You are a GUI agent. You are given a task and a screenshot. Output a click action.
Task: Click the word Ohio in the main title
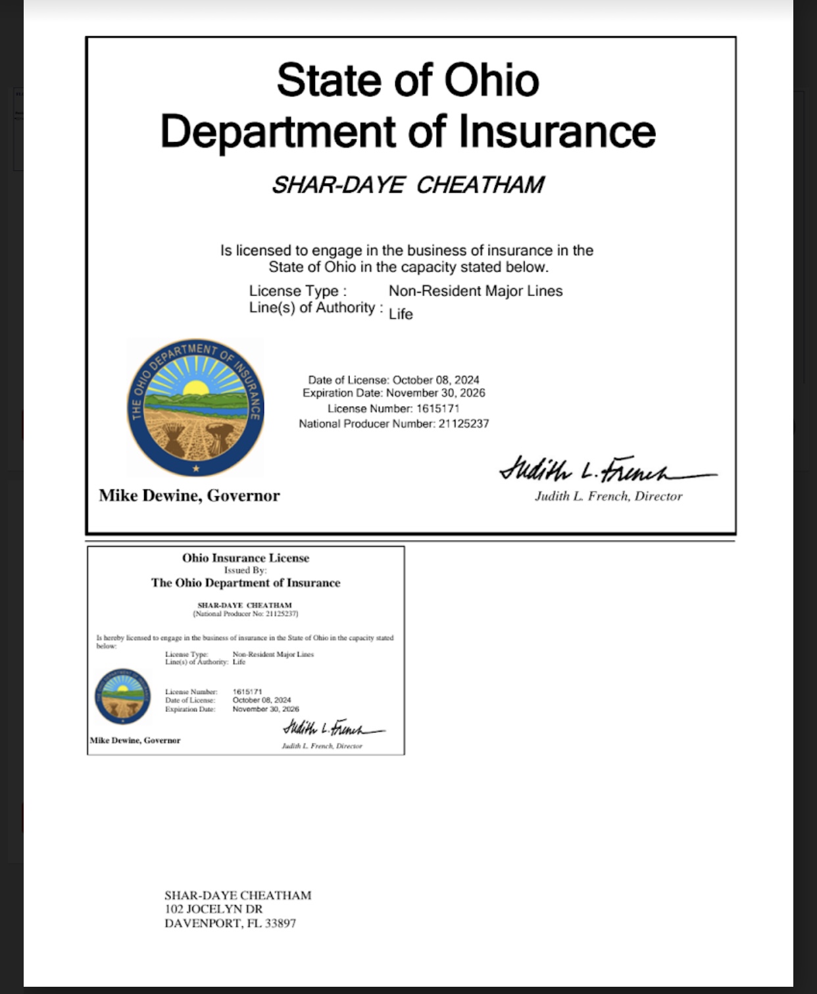(x=491, y=80)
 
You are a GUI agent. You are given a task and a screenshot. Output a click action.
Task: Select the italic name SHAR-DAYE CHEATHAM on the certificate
(x=408, y=185)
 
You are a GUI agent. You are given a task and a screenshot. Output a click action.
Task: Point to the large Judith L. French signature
(x=605, y=470)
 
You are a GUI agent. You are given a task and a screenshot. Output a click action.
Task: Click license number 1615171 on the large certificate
(x=437, y=409)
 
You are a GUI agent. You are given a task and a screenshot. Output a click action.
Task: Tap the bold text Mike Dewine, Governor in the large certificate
(x=189, y=495)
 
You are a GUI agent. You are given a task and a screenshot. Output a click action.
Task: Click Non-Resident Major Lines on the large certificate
(x=475, y=291)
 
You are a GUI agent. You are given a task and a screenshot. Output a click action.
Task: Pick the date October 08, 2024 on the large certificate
(x=435, y=380)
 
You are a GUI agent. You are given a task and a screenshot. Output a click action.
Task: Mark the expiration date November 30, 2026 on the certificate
(x=435, y=393)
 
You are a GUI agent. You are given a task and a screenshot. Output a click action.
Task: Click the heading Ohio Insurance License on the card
(x=245, y=558)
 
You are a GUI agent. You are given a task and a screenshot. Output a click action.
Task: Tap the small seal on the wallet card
(x=122, y=697)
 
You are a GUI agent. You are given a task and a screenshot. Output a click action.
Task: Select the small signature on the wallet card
(x=332, y=728)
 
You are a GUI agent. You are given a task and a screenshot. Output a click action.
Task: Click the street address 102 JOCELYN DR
(x=213, y=909)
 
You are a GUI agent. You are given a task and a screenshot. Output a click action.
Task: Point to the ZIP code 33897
(x=280, y=924)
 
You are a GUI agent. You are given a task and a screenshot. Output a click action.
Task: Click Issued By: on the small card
(x=245, y=570)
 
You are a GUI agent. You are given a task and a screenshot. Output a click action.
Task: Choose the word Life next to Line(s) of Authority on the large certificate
(x=401, y=314)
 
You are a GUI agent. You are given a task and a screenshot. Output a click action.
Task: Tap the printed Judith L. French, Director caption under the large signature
(x=608, y=497)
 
